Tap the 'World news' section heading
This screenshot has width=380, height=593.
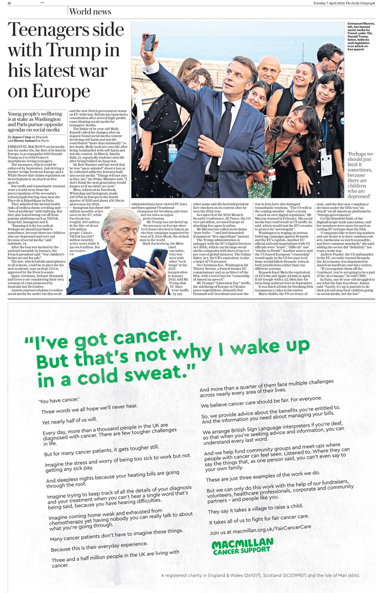pyautogui.click(x=90, y=11)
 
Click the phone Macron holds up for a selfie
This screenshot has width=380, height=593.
pyautogui.click(x=150, y=42)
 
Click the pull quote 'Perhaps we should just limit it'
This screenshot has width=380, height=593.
pyautogui.click(x=360, y=175)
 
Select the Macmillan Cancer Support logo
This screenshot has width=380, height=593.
pyautogui.click(x=242, y=546)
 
